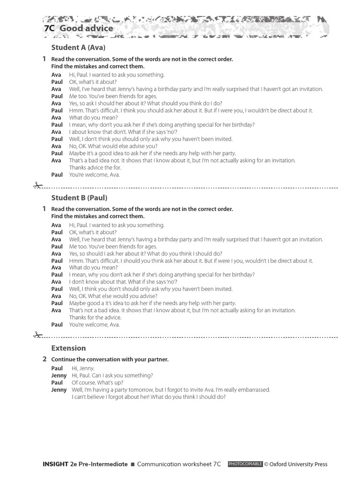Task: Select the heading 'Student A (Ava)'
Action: tap(78, 47)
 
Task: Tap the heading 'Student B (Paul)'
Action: tap(79, 197)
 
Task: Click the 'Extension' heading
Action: tap(68, 348)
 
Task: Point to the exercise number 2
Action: tap(44, 359)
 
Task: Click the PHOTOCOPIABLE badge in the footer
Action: tap(245, 464)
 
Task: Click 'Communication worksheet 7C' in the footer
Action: tap(179, 464)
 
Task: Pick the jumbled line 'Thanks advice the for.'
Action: tap(95, 167)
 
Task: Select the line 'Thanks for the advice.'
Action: tap(95, 317)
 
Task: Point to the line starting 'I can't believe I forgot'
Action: tap(149, 397)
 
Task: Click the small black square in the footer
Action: tap(132, 465)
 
